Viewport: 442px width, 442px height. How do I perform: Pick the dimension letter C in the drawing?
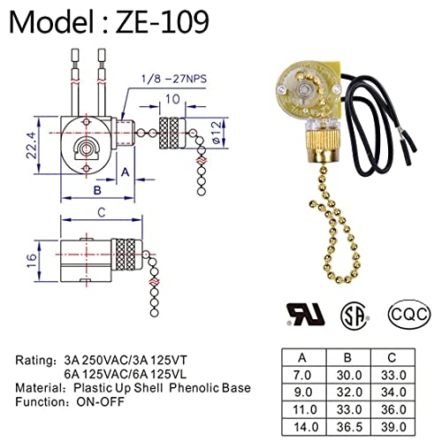[103, 211]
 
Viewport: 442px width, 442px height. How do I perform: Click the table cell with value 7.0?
[302, 376]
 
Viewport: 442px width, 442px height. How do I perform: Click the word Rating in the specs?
[38, 361]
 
